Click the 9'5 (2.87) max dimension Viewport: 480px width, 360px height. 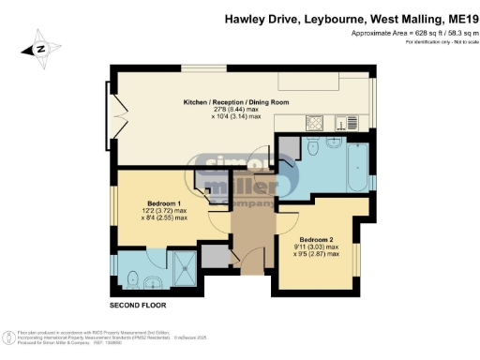tap(318, 253)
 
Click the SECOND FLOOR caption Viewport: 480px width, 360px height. tap(138, 307)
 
